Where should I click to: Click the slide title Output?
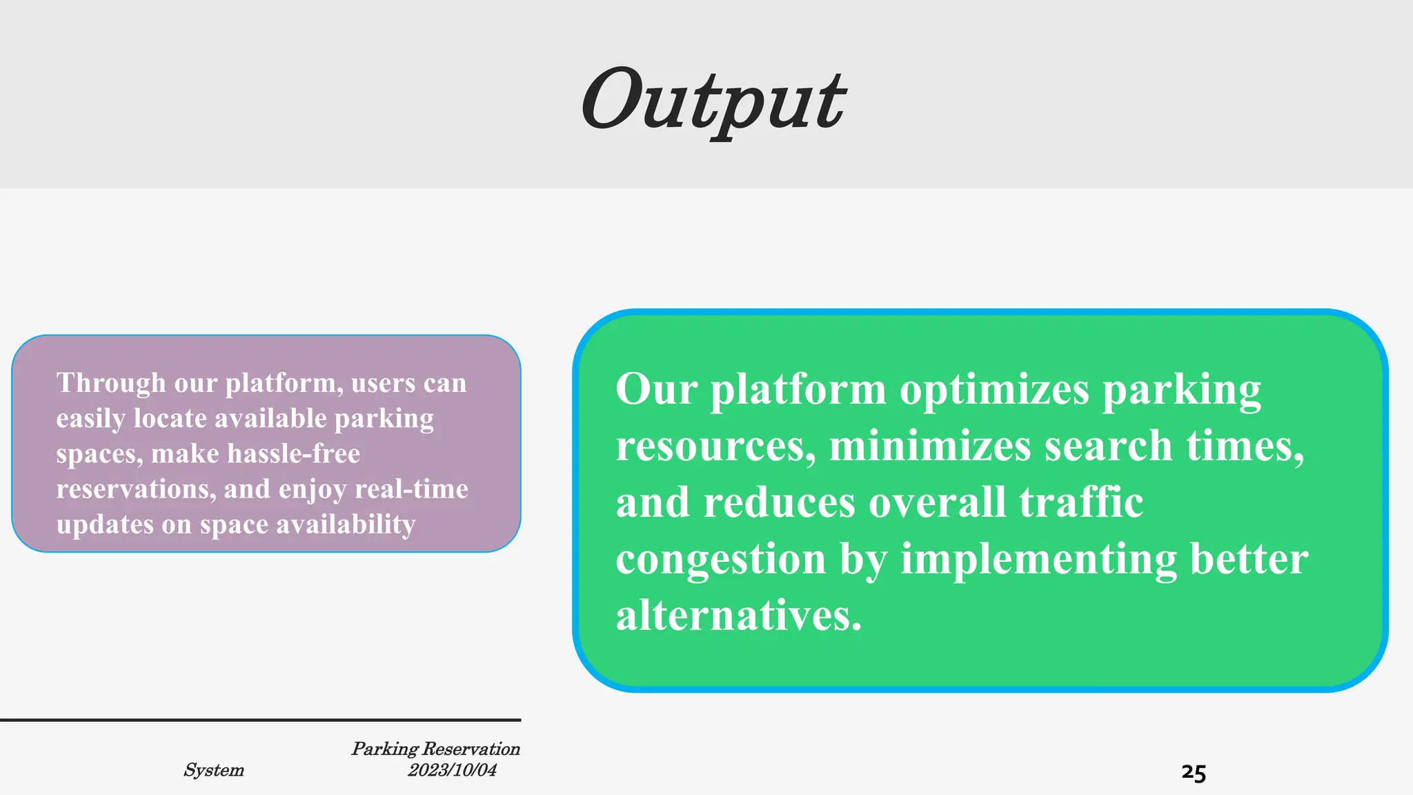coord(713,100)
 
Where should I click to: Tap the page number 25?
coord(1194,772)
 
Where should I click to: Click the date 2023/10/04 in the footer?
coord(452,770)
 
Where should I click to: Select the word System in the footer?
coord(214,770)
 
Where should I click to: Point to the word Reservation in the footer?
coord(471,749)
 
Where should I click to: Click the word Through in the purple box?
coord(111,383)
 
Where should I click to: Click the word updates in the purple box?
coord(105,525)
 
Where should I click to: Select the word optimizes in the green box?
coord(994,391)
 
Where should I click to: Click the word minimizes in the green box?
coord(929,446)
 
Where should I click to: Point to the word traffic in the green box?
coord(1081,502)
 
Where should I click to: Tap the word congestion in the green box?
coord(720,559)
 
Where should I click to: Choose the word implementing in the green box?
coord(1038,559)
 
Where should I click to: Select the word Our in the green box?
coord(656,390)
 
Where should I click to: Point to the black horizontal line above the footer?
coord(261,720)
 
